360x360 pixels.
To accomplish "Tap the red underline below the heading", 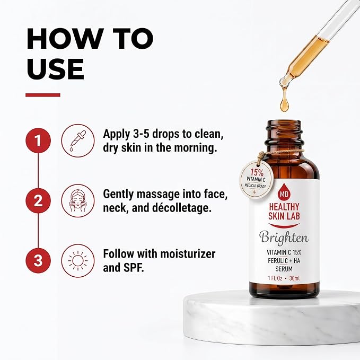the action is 43,95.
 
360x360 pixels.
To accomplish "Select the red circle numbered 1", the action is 38,141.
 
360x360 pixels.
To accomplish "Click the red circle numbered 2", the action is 38,200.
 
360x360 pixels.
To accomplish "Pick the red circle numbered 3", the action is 38,260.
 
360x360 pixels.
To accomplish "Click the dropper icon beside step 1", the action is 78,141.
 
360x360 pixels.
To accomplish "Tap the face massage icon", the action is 78,200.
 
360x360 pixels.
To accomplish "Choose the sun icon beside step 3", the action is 78,260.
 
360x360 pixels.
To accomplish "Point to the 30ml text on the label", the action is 295,278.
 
